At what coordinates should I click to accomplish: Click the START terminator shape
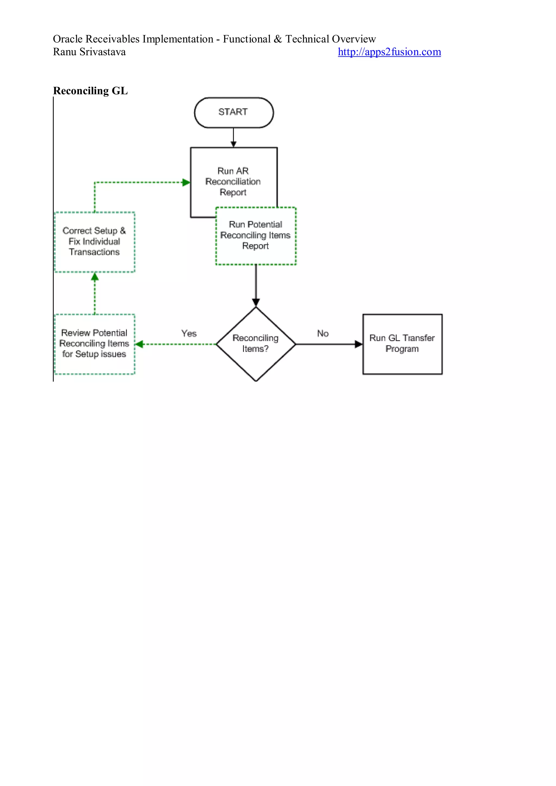coord(233,113)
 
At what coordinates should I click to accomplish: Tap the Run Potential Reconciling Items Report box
coord(256,235)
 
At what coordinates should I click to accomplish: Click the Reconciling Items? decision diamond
coord(256,343)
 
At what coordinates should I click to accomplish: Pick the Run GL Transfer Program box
coord(402,344)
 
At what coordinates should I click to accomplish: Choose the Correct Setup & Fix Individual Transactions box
coord(94,242)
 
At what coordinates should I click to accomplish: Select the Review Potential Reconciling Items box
coord(94,344)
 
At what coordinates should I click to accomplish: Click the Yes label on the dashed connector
coord(189,333)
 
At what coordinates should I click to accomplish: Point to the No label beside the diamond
coord(323,333)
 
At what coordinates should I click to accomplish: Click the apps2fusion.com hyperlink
coord(389,52)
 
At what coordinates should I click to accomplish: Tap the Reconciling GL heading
coord(90,91)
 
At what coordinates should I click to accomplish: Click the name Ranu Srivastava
coord(89,52)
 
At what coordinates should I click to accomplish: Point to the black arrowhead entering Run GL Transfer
coord(358,344)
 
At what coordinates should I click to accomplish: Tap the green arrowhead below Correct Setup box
coord(95,277)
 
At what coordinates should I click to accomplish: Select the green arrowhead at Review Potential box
coord(139,344)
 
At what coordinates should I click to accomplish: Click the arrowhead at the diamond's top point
coord(256,302)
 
